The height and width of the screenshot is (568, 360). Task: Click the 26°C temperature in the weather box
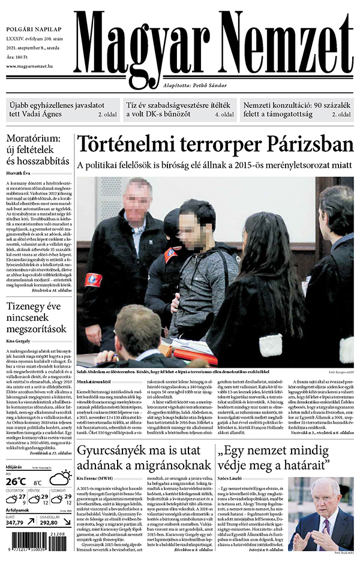click(x=16, y=480)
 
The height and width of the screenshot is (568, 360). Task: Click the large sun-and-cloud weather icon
click(x=60, y=478)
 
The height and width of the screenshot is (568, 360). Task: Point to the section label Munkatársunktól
click(x=94, y=381)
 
